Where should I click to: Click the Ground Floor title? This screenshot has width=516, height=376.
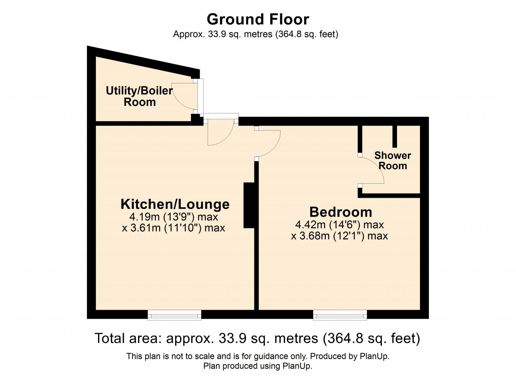(258, 19)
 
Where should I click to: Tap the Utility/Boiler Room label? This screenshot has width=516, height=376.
(139, 96)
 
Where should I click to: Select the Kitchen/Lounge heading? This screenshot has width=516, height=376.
(175, 204)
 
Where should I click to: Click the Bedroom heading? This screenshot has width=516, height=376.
(341, 212)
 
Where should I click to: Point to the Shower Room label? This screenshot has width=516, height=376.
(392, 161)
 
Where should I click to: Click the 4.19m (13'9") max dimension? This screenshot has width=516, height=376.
(174, 216)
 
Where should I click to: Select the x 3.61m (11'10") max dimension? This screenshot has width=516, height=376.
(174, 228)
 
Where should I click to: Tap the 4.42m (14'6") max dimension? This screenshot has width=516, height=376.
(339, 225)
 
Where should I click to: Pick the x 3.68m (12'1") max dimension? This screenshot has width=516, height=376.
(339, 236)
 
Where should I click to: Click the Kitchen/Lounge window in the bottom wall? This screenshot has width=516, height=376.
(174, 315)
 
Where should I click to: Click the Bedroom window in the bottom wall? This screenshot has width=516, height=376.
(340, 315)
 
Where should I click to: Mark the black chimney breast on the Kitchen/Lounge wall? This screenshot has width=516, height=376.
(249, 205)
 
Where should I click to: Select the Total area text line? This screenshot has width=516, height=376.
(257, 338)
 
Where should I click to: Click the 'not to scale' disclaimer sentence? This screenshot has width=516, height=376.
(258, 356)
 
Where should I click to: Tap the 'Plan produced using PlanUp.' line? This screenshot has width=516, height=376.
(258, 366)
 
